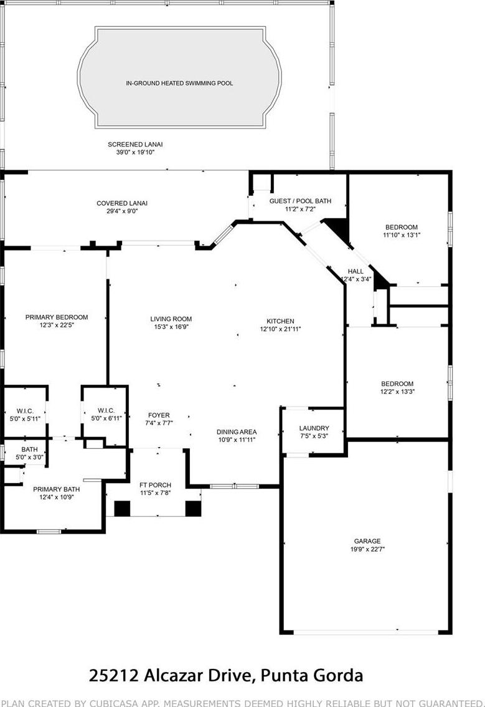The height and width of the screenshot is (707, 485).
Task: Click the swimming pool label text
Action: [179, 84]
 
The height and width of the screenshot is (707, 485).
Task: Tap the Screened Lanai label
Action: [135, 144]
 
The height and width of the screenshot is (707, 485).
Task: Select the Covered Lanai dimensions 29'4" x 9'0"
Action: [122, 211]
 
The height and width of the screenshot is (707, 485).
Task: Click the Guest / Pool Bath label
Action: [300, 201]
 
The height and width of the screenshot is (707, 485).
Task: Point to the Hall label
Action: [356, 271]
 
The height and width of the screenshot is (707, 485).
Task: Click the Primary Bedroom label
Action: [57, 317]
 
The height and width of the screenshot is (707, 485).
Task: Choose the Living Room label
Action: [171, 319]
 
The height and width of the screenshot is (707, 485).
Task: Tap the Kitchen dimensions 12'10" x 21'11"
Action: [281, 329]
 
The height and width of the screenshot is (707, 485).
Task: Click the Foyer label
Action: [159, 415]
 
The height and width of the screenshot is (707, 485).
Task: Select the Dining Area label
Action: [237, 432]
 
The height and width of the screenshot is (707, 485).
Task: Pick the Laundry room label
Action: [314, 428]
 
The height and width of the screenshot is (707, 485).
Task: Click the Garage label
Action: [367, 541]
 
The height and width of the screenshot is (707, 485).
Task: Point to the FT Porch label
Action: [156, 485]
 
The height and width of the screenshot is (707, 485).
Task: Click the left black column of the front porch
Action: [122, 509]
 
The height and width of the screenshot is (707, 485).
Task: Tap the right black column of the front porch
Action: [193, 509]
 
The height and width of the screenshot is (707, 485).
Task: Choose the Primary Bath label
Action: [56, 489]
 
